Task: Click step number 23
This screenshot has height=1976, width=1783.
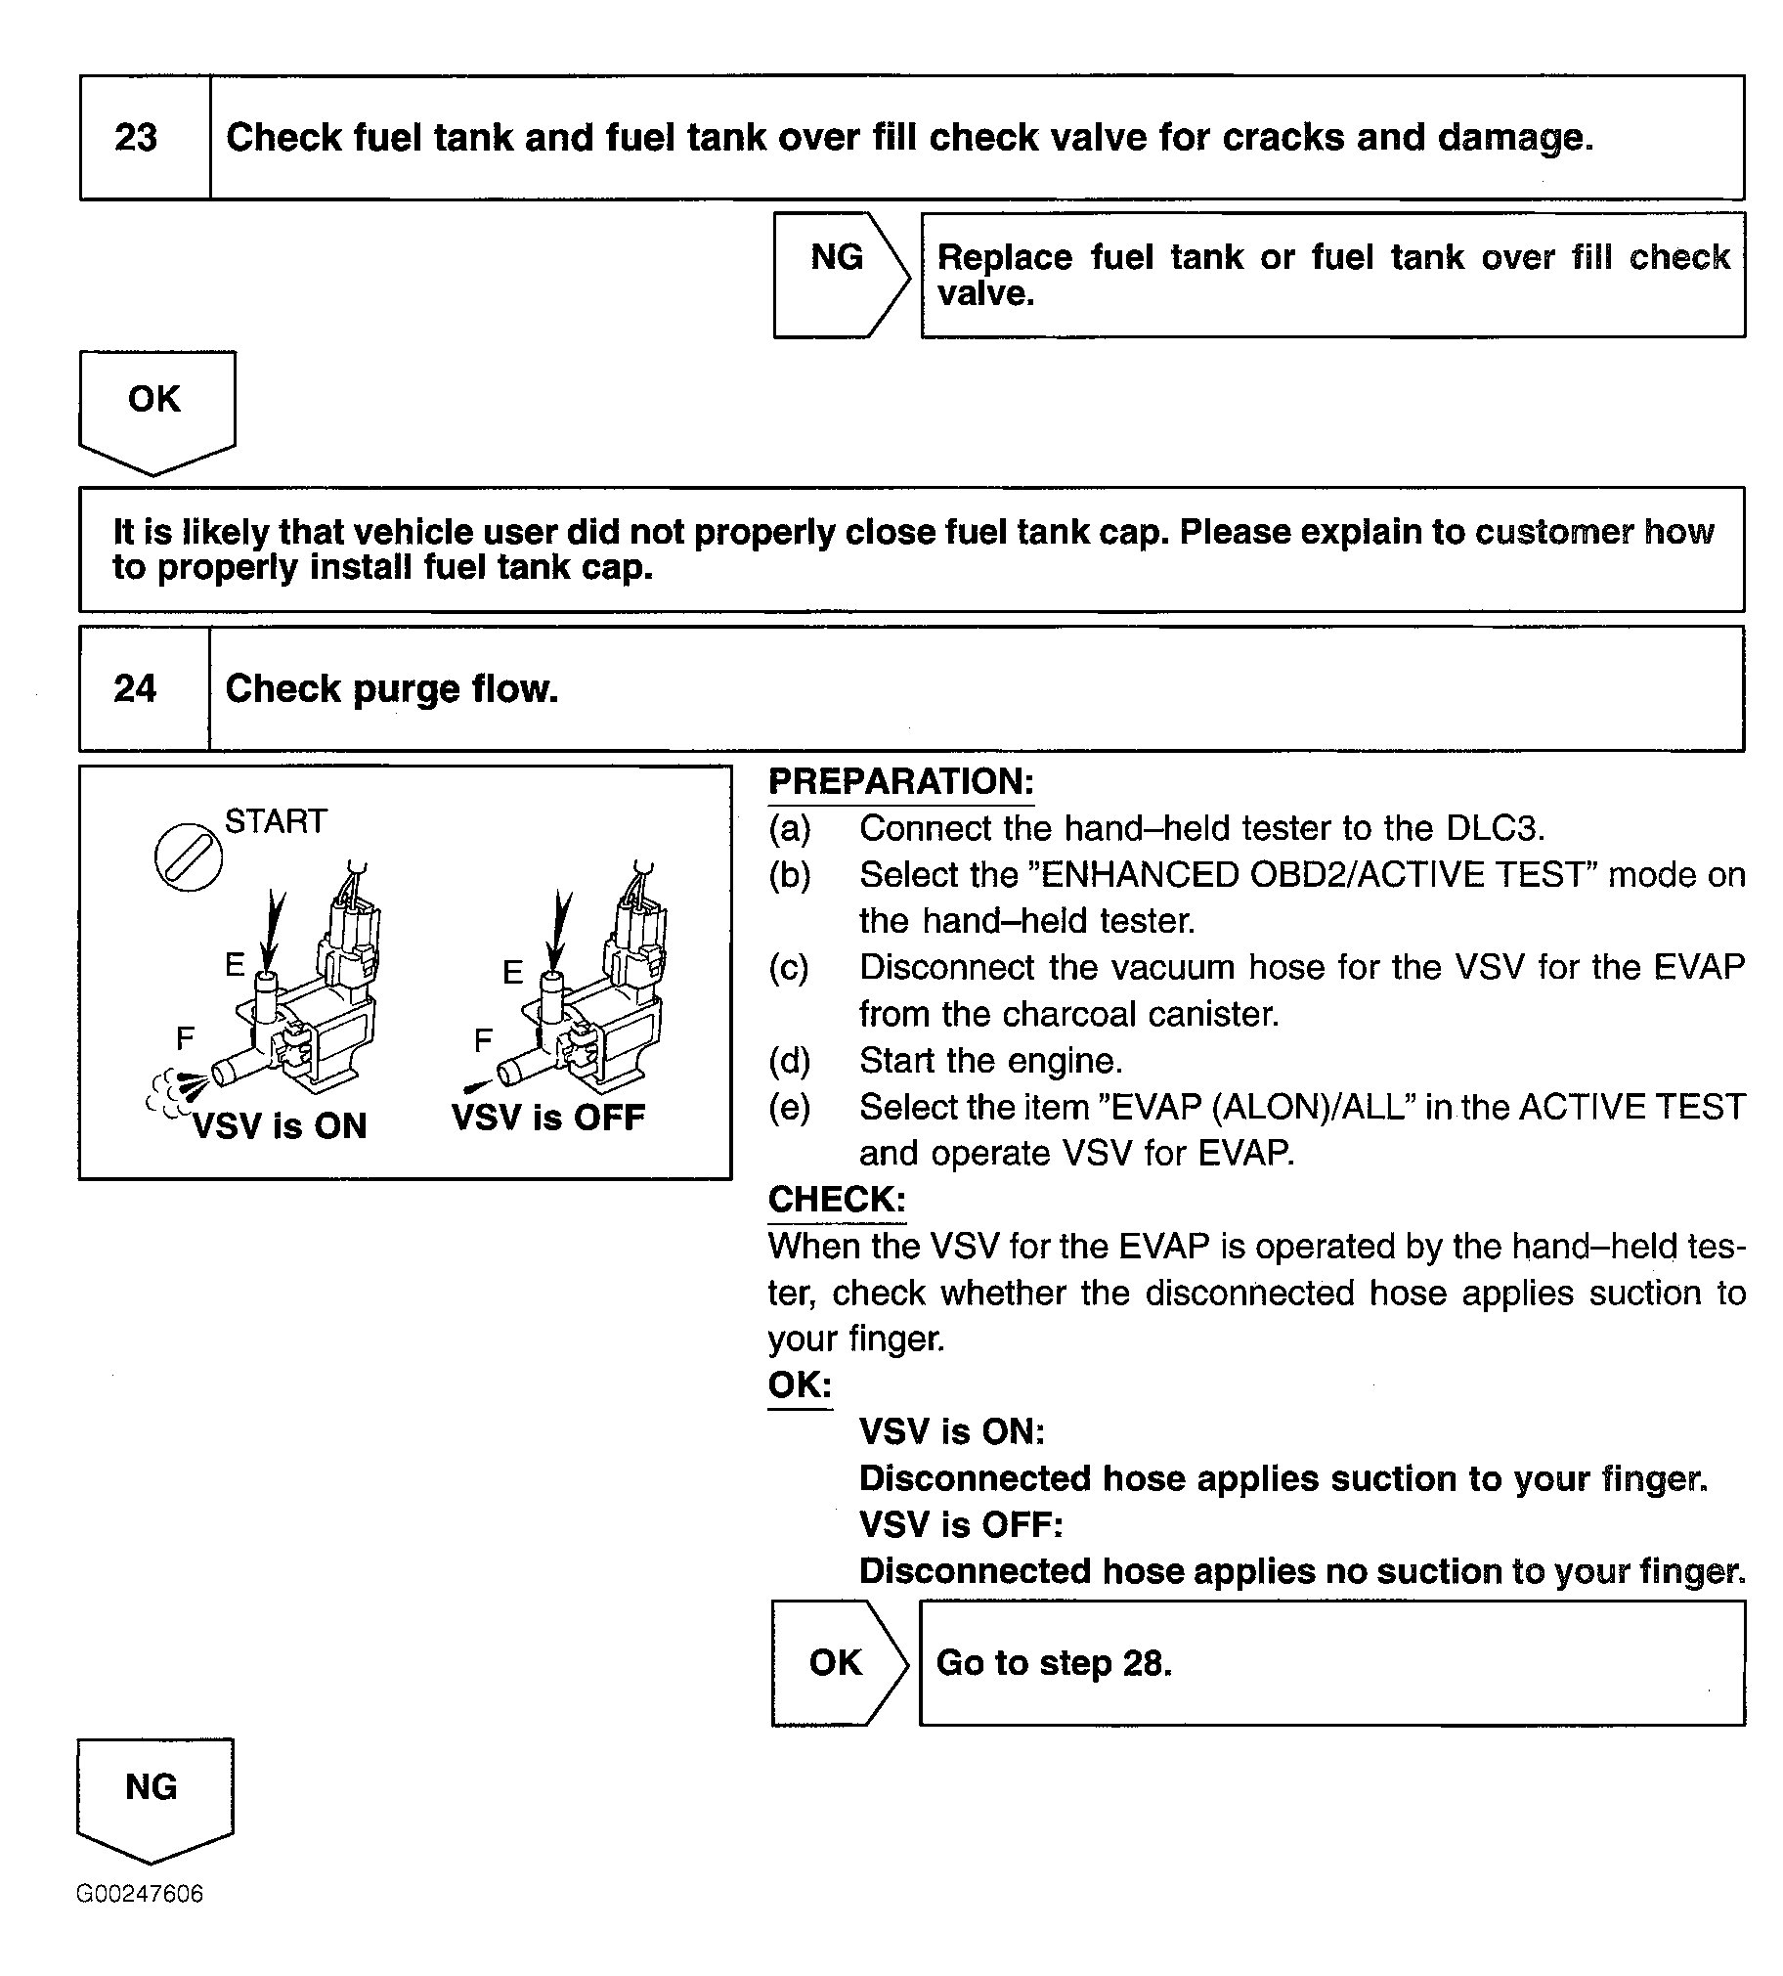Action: (x=136, y=137)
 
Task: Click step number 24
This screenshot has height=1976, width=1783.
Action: (x=135, y=688)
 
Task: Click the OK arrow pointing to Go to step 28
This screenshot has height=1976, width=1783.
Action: (x=837, y=1662)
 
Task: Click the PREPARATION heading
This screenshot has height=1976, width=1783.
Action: (x=900, y=782)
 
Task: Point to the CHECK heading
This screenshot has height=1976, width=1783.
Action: (x=837, y=1199)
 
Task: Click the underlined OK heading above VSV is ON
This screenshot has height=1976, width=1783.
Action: (x=800, y=1384)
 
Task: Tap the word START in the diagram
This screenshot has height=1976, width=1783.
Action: (x=276, y=821)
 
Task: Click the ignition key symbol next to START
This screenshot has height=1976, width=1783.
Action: (x=189, y=858)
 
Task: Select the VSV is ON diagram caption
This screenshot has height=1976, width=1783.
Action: (x=280, y=1125)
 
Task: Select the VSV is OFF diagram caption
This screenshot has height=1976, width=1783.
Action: (x=547, y=1117)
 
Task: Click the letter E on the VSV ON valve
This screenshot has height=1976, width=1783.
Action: (x=235, y=965)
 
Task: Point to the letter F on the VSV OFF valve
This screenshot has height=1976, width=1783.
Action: (x=482, y=1039)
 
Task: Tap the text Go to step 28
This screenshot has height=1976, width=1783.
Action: (x=1054, y=1662)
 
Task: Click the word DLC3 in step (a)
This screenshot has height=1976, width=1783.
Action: (x=1494, y=829)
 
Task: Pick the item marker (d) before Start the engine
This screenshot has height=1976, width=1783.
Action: (x=790, y=1061)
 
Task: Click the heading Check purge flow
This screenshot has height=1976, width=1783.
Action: (x=392, y=688)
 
